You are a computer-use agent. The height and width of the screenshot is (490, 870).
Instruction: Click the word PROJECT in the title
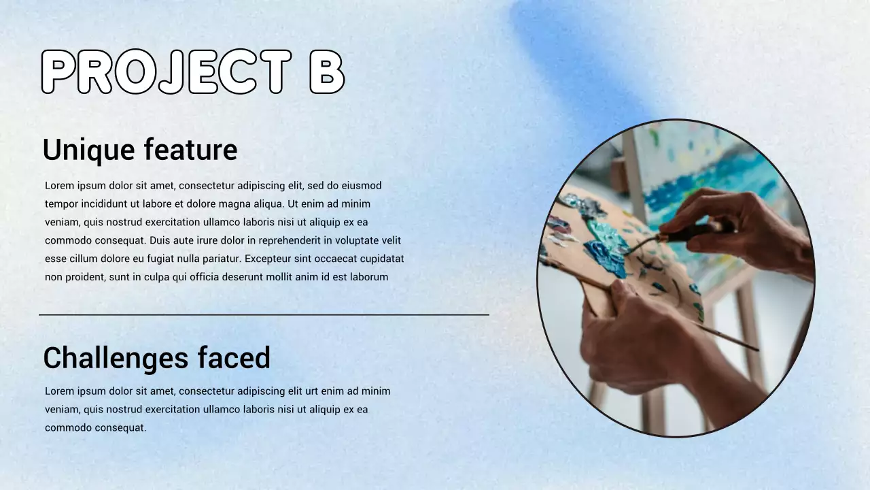166,72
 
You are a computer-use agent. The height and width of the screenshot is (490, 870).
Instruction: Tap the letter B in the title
327,72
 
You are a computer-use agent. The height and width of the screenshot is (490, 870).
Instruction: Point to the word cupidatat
377,259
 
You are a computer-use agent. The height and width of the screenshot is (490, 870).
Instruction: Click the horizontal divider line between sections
264,315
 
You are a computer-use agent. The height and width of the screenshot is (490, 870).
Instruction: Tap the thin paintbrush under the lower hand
727,337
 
